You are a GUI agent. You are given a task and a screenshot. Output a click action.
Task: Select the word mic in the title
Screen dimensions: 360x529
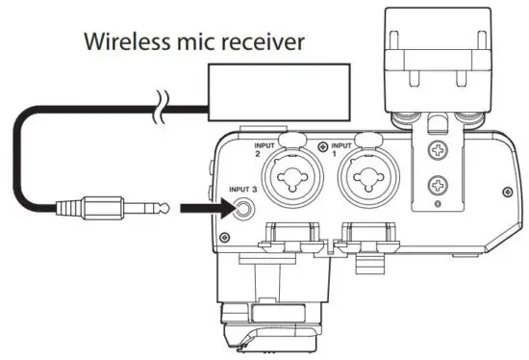pos(190,43)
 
